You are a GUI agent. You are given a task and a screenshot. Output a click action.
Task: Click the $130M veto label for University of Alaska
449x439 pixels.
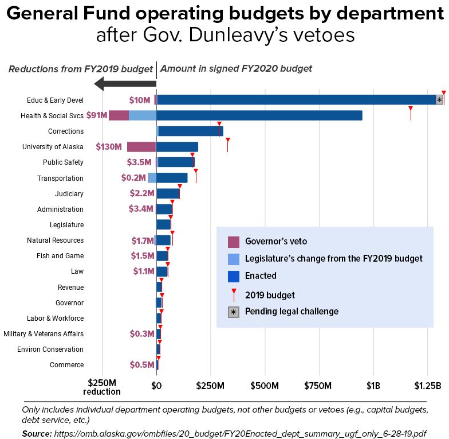tap(109, 147)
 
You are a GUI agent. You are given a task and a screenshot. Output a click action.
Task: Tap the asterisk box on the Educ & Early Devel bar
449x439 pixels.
tap(439, 100)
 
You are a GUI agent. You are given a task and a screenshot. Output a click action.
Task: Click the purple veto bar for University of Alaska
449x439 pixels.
tap(141, 147)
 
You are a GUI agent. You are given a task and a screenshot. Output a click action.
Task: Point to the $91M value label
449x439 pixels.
tap(97, 115)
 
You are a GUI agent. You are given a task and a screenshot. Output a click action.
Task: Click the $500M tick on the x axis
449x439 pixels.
tap(265, 384)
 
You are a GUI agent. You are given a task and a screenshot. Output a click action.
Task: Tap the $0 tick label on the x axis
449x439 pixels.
tap(156, 384)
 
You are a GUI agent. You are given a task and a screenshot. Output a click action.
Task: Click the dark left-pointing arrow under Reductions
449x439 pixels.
tap(124, 84)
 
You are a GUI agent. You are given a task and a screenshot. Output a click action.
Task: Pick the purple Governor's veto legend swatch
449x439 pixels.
tap(234, 241)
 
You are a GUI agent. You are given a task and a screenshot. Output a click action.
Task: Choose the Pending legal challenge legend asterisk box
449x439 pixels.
tap(234, 312)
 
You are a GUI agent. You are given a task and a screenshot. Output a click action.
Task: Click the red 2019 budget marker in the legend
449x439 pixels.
tap(234, 295)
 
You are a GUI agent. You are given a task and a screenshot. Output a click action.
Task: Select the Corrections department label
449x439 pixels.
tap(66, 131)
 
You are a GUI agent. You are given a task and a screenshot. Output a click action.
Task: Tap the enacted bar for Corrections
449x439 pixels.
tap(191, 131)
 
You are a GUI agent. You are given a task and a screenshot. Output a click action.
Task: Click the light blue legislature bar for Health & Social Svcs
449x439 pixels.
tap(142, 115)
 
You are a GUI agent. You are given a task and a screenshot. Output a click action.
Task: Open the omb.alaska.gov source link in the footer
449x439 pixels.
tap(241, 433)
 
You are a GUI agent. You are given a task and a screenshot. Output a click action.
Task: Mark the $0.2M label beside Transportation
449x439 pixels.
tap(133, 178)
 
